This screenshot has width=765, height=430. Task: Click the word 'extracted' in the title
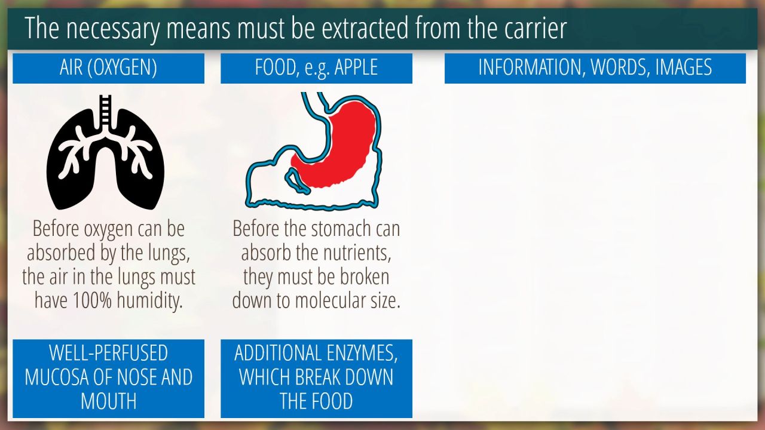click(x=365, y=28)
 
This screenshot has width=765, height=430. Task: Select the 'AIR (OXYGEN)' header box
click(x=109, y=68)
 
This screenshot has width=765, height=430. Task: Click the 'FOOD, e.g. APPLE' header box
click(x=316, y=68)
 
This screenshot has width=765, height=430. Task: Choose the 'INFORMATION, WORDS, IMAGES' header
click(x=595, y=68)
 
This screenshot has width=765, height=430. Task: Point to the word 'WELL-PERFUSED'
click(x=109, y=353)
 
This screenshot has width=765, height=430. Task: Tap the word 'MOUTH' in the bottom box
click(x=109, y=401)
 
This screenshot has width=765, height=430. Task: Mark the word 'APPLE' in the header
click(x=356, y=67)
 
